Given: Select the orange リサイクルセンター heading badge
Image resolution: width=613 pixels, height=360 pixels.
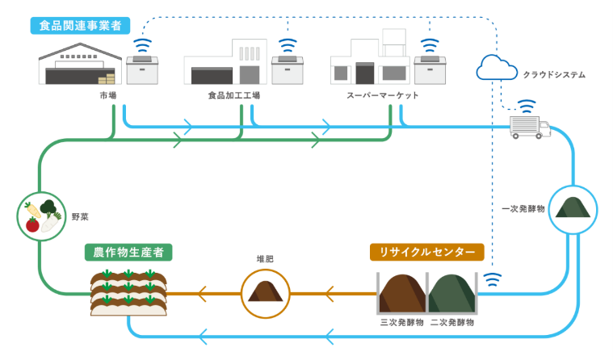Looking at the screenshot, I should click(427, 253).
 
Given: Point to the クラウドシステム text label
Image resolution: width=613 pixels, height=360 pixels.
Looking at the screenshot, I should click(554, 74).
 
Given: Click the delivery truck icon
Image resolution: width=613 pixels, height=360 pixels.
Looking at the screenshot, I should click(531, 127).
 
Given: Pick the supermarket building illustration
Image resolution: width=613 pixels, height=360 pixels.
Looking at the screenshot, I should click(369, 63).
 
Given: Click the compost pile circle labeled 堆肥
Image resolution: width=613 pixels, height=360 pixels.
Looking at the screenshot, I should click(265, 292).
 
